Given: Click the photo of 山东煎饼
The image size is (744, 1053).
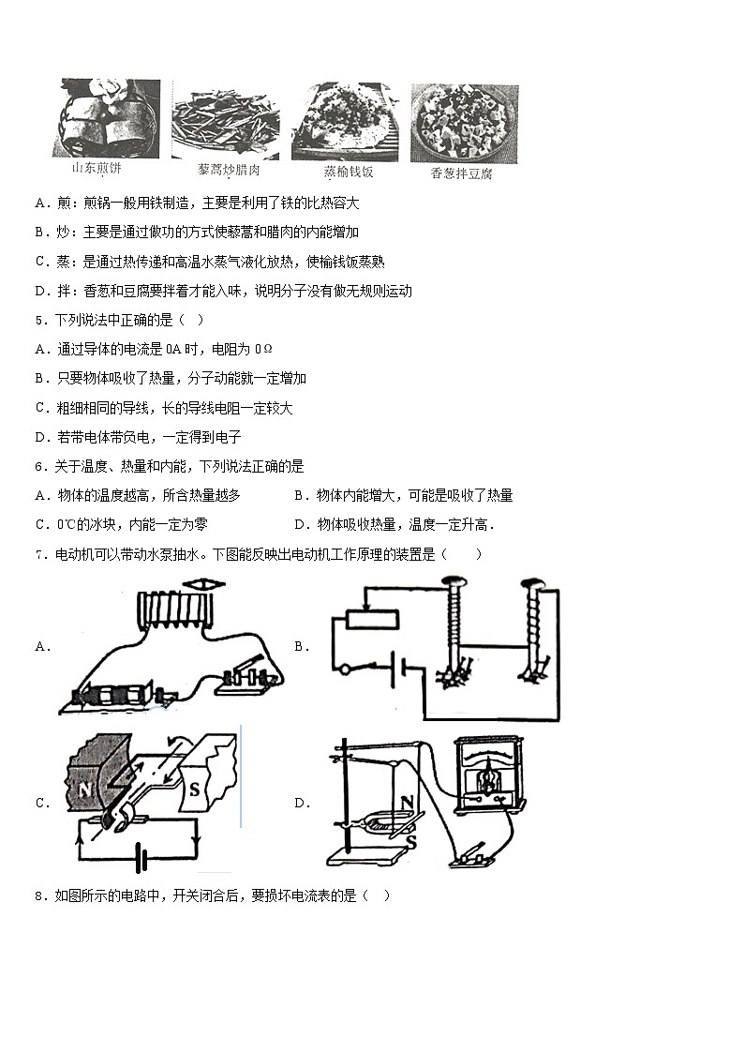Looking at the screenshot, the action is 106,118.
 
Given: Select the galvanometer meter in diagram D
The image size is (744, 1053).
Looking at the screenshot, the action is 485,774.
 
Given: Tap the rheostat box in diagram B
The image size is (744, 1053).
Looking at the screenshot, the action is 373,620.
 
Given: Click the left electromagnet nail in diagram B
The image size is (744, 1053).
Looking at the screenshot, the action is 454,628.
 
